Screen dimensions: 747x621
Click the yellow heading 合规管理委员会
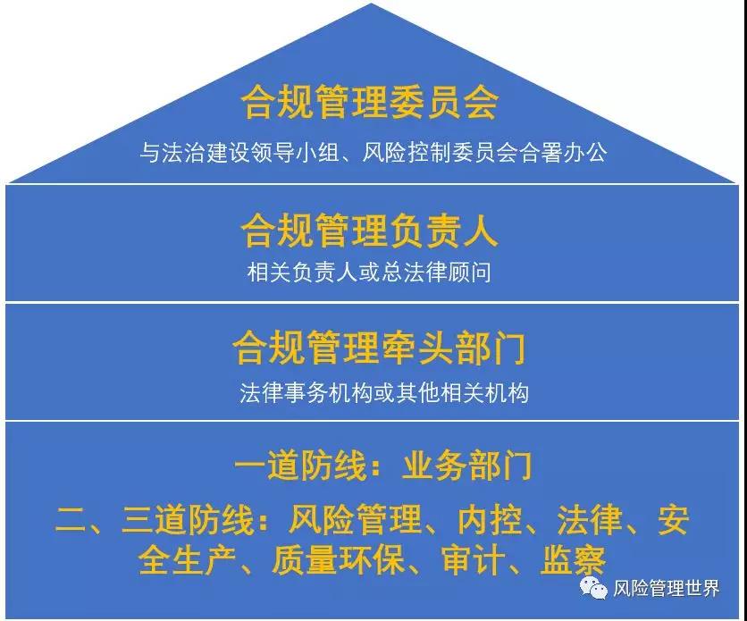click(370, 102)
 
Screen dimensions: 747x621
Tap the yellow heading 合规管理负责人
click(370, 231)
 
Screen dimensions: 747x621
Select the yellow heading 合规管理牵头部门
click(379, 348)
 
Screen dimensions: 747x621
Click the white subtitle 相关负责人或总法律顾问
click(369, 273)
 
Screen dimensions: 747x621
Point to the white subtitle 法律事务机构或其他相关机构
click(384, 393)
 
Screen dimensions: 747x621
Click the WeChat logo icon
click(593, 588)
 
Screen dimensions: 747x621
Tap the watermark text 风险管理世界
click(666, 589)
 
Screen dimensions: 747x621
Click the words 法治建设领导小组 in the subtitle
click(250, 153)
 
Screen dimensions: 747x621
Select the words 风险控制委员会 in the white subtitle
click(440, 153)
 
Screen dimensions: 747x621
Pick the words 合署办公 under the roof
click(563, 153)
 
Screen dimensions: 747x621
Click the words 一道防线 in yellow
click(300, 466)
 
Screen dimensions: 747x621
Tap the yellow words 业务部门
click(466, 466)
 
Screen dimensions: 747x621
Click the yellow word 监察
click(573, 560)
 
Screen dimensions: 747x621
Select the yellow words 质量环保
click(339, 560)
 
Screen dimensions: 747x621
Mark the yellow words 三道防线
click(188, 519)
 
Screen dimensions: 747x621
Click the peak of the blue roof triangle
click(371, 4)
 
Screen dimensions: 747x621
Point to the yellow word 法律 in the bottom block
click(590, 519)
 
